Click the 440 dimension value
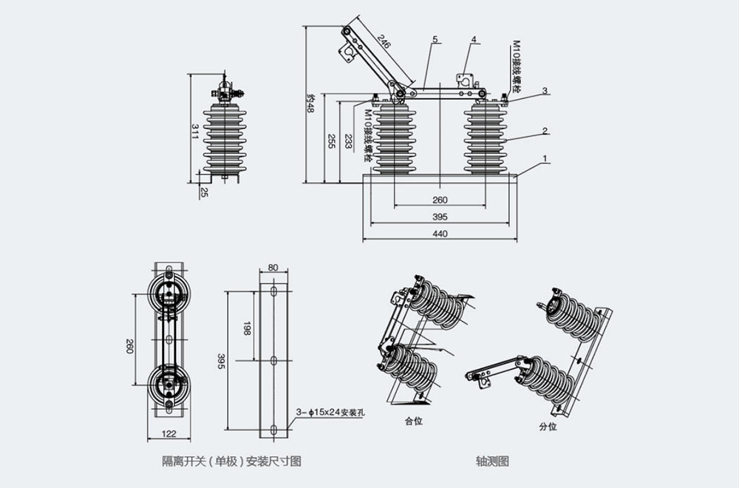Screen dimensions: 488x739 click(x=440, y=234)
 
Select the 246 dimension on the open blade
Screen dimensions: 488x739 click(x=383, y=44)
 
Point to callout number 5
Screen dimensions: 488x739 click(x=435, y=38)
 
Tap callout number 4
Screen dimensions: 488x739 click(x=474, y=38)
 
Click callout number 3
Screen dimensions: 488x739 click(x=545, y=91)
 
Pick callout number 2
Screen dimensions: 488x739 click(x=545, y=131)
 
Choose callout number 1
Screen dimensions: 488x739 click(x=545, y=158)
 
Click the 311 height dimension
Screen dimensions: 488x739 click(x=194, y=132)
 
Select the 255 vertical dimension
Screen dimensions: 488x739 click(x=332, y=142)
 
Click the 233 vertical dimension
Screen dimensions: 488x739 click(x=348, y=142)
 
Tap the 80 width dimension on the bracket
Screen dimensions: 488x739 click(x=273, y=268)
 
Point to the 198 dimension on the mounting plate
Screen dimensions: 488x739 click(x=246, y=325)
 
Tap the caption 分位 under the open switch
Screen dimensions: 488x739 click(x=548, y=427)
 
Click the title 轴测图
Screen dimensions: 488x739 click(x=493, y=461)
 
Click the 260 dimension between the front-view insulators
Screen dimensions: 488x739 click(x=440, y=200)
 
